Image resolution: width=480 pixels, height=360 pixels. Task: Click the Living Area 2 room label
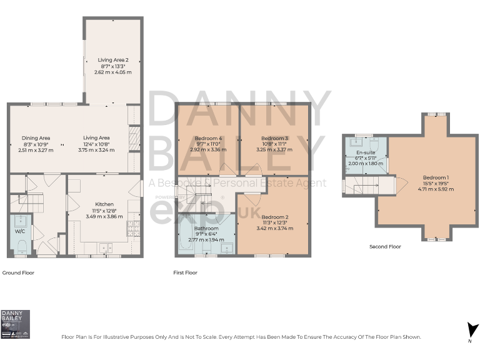113,59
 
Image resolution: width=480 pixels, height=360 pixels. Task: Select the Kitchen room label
104,204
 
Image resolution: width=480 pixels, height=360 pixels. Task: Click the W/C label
19,231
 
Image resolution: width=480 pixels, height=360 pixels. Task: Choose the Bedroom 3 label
274,138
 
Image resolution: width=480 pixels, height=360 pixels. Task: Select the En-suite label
366,152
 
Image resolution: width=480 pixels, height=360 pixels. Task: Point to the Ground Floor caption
19,273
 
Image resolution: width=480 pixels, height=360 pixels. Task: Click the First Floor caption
185,273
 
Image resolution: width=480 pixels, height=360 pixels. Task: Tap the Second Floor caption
385,247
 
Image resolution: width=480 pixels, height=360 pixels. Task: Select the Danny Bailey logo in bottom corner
16,324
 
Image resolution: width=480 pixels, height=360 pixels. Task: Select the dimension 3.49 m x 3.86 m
104,216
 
